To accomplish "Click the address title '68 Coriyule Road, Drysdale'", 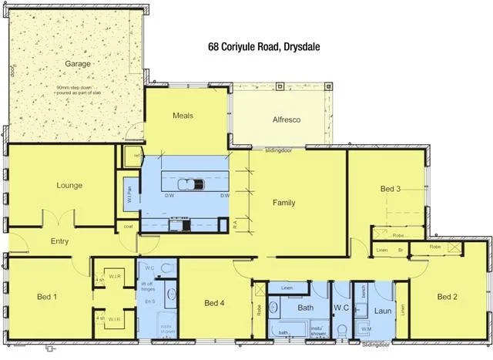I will (263, 46).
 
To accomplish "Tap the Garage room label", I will (77, 64).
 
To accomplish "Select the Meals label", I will (183, 116).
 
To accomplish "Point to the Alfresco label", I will (286, 120).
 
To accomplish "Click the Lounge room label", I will (69, 186).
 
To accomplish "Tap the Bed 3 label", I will (391, 189).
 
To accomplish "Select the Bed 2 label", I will (448, 297).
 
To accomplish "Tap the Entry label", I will (60, 241).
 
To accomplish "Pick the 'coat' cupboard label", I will (128, 227).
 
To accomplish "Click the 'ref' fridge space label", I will (136, 156).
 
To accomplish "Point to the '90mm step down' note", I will (77, 88).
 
